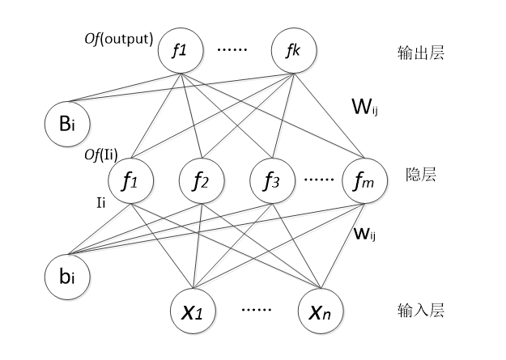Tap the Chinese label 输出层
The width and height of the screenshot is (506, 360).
tap(423, 54)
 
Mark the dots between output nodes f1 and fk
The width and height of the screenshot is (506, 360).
tap(237, 49)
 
